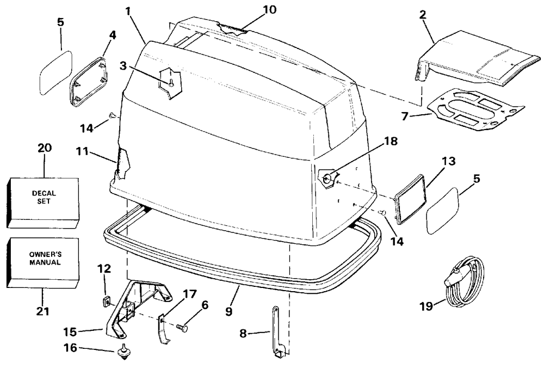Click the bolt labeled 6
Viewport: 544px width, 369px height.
(182, 328)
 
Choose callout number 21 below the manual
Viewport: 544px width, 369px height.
(42, 312)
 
